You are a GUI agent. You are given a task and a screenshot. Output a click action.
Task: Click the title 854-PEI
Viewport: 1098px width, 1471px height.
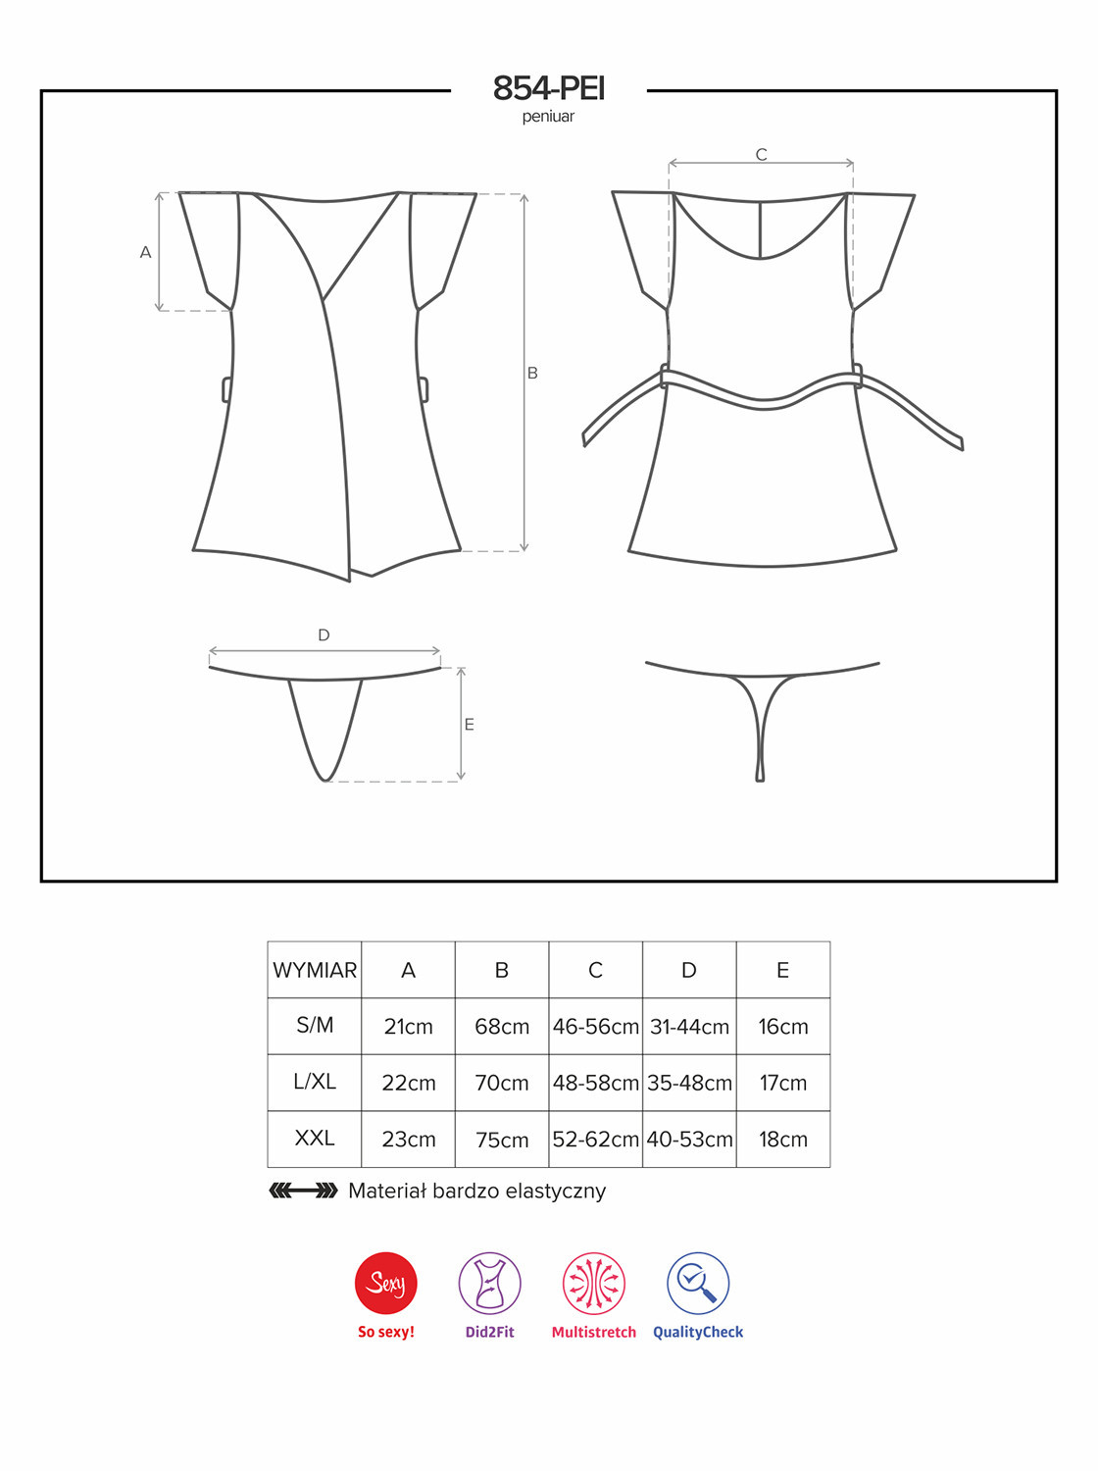[549, 88]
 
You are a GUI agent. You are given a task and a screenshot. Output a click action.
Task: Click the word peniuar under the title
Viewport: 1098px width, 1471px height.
[548, 117]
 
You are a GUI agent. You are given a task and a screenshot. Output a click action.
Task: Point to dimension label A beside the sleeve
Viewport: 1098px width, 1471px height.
[145, 253]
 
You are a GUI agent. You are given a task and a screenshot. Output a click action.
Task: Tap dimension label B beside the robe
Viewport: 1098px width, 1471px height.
[532, 374]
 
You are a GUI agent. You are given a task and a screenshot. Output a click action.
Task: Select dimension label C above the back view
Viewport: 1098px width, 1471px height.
[761, 155]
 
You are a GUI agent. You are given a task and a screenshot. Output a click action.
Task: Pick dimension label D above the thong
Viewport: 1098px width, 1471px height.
[324, 635]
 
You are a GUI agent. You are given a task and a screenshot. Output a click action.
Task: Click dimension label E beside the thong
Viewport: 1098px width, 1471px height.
[469, 725]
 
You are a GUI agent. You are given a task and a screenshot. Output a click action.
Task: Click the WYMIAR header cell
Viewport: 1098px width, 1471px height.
[314, 971]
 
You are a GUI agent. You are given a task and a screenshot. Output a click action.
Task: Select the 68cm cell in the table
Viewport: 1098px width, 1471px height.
[502, 1027]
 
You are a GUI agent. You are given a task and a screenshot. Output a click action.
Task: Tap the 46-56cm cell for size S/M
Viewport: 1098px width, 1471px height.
[595, 1027]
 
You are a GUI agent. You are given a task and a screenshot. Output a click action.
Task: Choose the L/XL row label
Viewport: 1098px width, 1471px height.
[314, 1082]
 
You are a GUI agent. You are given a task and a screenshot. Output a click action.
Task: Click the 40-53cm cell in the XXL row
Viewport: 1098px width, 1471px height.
[689, 1140]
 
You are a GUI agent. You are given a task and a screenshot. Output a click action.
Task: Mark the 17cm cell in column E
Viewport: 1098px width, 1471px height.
[783, 1083]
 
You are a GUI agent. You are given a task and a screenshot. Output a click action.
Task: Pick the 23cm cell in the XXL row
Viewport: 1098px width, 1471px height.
[408, 1140]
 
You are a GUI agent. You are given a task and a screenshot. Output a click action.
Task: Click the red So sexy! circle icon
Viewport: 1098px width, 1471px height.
[386, 1283]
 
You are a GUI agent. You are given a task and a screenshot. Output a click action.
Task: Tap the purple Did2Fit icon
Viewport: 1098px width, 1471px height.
[490, 1283]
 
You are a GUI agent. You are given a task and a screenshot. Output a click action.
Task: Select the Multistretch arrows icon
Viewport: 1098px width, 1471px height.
[593, 1283]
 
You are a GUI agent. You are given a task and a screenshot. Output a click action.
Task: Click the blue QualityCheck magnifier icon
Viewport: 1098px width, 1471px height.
[698, 1283]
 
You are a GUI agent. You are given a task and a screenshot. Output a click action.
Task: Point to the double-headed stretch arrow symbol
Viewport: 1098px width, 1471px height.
[304, 1191]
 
